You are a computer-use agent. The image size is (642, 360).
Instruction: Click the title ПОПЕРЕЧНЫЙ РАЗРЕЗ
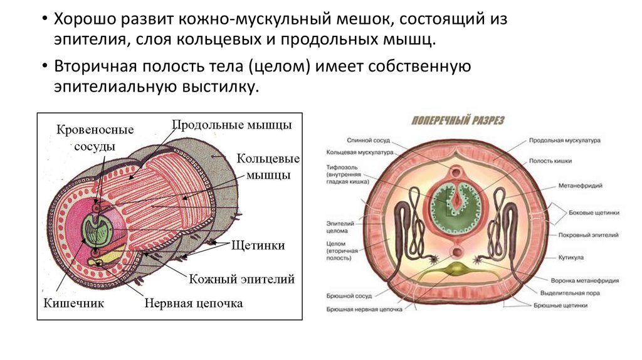(x=458, y=120)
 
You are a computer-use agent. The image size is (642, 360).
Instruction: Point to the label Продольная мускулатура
(x=564, y=140)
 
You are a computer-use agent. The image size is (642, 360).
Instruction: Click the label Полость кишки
(x=549, y=161)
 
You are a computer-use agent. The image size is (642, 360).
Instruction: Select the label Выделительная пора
(x=568, y=293)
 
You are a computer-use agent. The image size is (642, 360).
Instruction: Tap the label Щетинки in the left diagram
(x=258, y=245)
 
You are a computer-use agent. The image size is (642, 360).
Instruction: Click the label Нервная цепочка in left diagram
(x=193, y=304)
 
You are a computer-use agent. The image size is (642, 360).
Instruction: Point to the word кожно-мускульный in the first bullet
(x=233, y=19)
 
